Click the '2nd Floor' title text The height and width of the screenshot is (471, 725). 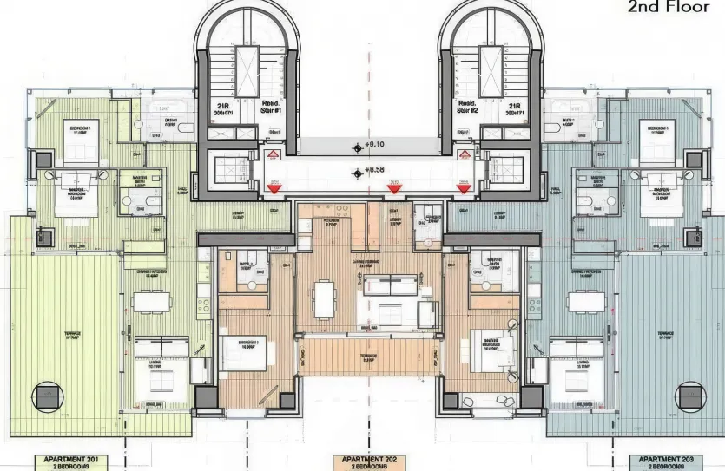(x=668, y=8)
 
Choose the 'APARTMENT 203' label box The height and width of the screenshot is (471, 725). (x=666, y=462)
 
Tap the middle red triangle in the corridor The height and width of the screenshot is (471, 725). (x=393, y=187)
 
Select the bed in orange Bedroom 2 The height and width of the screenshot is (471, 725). (x=241, y=353)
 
